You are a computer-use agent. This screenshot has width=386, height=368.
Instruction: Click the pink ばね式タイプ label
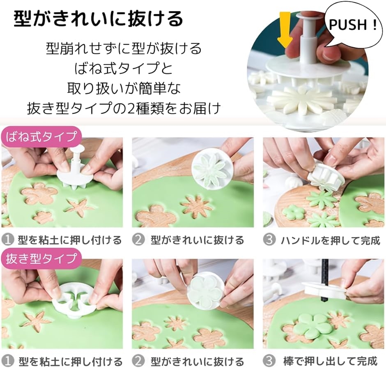click(41, 136)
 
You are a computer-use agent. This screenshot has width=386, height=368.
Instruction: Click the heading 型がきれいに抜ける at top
click(99, 18)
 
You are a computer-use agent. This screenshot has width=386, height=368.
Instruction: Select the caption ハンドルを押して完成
click(331, 240)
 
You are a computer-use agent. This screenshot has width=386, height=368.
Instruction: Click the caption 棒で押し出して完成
click(330, 361)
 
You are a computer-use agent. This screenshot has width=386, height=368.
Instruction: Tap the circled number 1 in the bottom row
click(8, 361)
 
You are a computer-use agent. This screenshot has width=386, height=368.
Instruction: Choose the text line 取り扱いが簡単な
click(124, 89)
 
